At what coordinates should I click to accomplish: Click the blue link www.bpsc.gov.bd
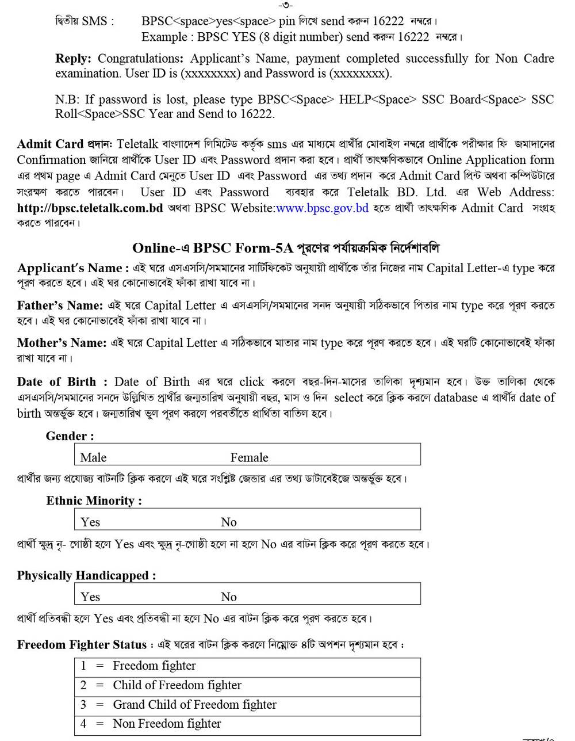322,208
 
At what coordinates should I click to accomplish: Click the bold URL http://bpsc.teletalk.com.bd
90,208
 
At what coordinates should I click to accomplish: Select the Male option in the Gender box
93,457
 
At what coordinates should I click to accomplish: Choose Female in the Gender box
249,457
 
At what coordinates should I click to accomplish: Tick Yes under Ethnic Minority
90,522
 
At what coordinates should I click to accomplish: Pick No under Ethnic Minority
228,522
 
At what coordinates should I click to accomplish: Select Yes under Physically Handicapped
90,597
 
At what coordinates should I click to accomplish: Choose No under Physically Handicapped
228,597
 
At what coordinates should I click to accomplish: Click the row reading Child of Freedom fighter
177,685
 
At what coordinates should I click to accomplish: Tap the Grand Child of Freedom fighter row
194,705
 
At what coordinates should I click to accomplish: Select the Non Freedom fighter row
167,724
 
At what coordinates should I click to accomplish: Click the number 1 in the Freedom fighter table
83,666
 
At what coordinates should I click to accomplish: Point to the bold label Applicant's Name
70,268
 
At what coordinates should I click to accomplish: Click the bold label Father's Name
60,305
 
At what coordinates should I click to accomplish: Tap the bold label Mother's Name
62,343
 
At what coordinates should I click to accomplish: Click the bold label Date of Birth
56,382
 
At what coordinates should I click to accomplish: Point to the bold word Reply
73,59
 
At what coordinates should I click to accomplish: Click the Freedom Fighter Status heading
82,645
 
